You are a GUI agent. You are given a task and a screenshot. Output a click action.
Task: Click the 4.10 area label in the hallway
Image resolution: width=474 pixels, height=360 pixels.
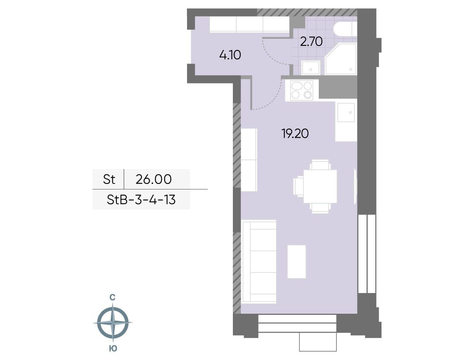click(x=230, y=55)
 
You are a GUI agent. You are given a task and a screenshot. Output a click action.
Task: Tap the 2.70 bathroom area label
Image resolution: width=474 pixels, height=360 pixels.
click(x=311, y=41)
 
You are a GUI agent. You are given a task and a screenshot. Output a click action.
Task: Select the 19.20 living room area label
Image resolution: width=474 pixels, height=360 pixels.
click(x=295, y=134)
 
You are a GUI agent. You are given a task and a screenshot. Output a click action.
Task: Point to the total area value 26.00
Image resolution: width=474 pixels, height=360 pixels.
click(x=154, y=179)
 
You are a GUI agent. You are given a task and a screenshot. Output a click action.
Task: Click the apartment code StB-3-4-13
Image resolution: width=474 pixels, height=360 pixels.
click(x=141, y=200)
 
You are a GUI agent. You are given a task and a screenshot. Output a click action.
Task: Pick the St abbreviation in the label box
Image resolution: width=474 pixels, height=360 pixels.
click(x=109, y=179)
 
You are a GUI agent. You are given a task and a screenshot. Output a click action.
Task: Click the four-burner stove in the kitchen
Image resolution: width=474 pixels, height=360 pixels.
click(x=301, y=91)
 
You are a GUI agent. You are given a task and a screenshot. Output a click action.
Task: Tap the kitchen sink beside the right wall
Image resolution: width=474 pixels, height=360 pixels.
click(x=346, y=112)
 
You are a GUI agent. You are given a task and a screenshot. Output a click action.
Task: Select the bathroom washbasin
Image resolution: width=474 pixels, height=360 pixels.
click(x=310, y=67)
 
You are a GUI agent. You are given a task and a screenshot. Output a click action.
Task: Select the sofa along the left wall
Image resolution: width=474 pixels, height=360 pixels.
click(x=259, y=261)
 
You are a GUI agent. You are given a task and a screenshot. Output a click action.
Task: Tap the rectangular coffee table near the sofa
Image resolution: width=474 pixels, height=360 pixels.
click(x=296, y=261)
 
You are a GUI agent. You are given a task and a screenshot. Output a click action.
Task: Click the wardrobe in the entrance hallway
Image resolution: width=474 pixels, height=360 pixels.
click(x=250, y=24)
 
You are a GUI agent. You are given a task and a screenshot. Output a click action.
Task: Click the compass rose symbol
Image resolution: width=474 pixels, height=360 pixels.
click(x=113, y=322)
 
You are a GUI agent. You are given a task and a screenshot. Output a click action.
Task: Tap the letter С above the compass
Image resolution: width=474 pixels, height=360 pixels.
click(x=112, y=297)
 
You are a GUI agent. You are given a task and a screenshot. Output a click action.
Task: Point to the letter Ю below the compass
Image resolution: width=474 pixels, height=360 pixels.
click(x=113, y=348)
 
